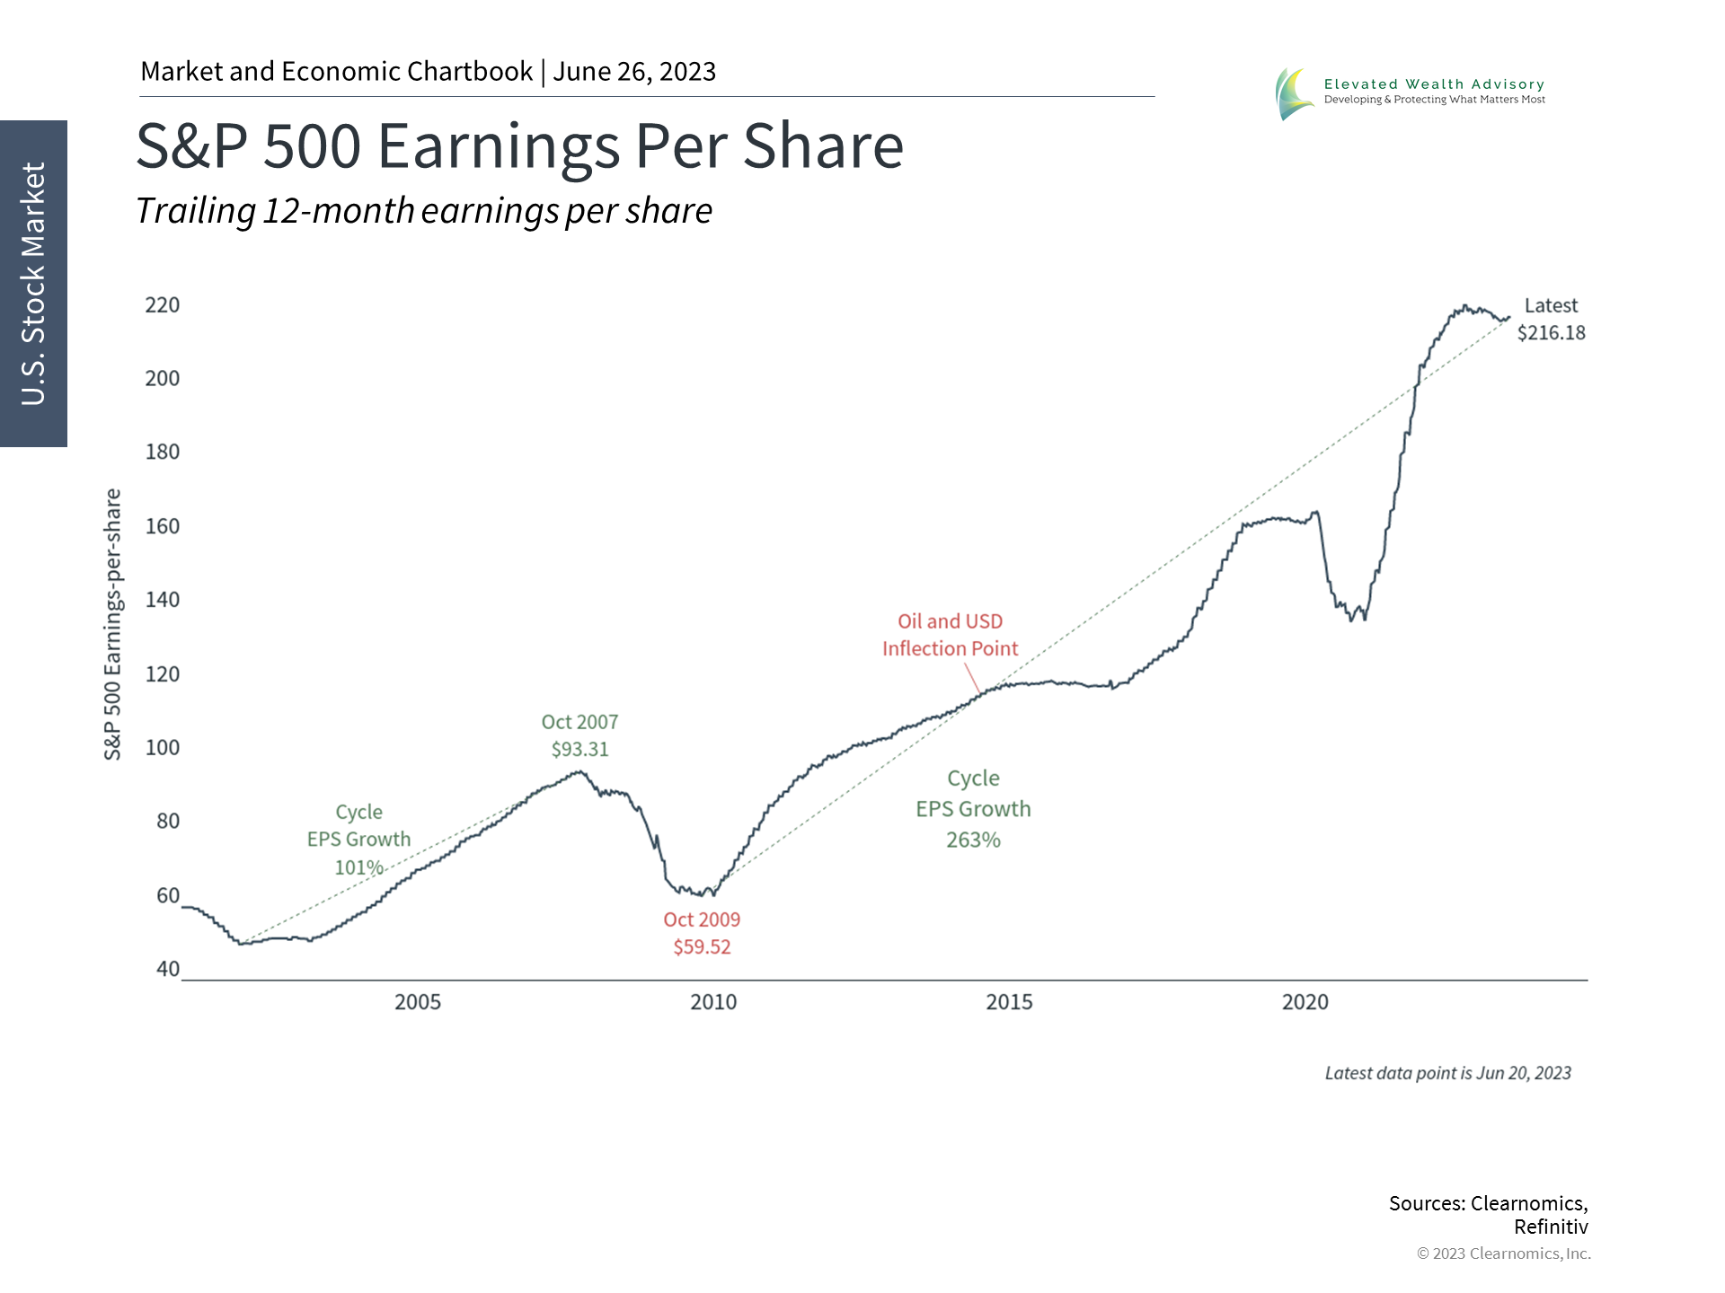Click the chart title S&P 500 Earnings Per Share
519,145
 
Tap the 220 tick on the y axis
163,305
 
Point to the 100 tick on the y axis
163,747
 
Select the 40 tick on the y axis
168,969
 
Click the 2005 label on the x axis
418,1002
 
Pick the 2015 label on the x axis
1009,1002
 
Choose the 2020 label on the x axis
1305,1002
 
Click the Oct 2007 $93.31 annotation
579,735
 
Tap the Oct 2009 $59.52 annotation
702,933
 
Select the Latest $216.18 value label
1551,320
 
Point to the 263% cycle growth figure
973,840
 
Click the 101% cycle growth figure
358,867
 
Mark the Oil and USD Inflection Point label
950,635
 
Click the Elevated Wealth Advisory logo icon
1294,93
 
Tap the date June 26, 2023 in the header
634,72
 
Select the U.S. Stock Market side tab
33,284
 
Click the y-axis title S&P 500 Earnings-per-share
112,625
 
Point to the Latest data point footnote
1447,1073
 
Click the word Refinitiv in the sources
1551,1227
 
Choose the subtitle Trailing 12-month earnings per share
424,211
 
